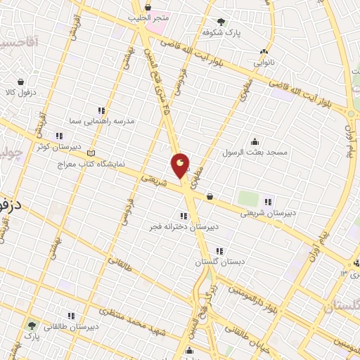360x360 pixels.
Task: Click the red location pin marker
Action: pyautogui.click(x=181, y=166)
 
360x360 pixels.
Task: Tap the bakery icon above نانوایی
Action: pyautogui.click(x=264, y=51)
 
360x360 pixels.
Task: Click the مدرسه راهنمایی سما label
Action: pyautogui.click(x=112, y=121)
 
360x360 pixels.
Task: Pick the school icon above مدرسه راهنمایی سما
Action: pyautogui.click(x=101, y=110)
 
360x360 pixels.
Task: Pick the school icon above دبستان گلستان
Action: pyautogui.click(x=219, y=250)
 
